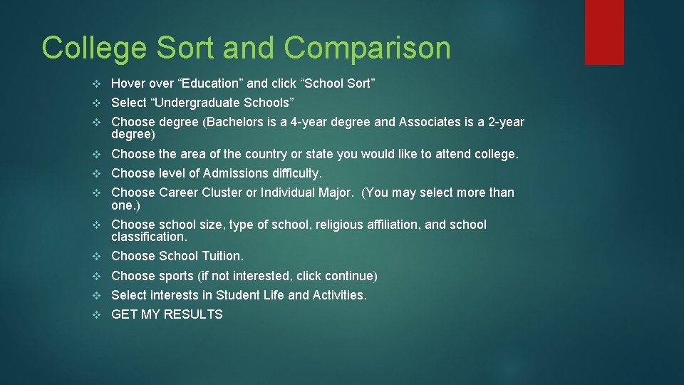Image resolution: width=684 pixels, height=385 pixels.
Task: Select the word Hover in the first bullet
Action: [x=129, y=83]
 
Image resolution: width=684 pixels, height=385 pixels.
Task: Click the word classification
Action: [x=149, y=236]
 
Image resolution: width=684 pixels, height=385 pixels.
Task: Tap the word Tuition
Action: [x=223, y=255]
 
